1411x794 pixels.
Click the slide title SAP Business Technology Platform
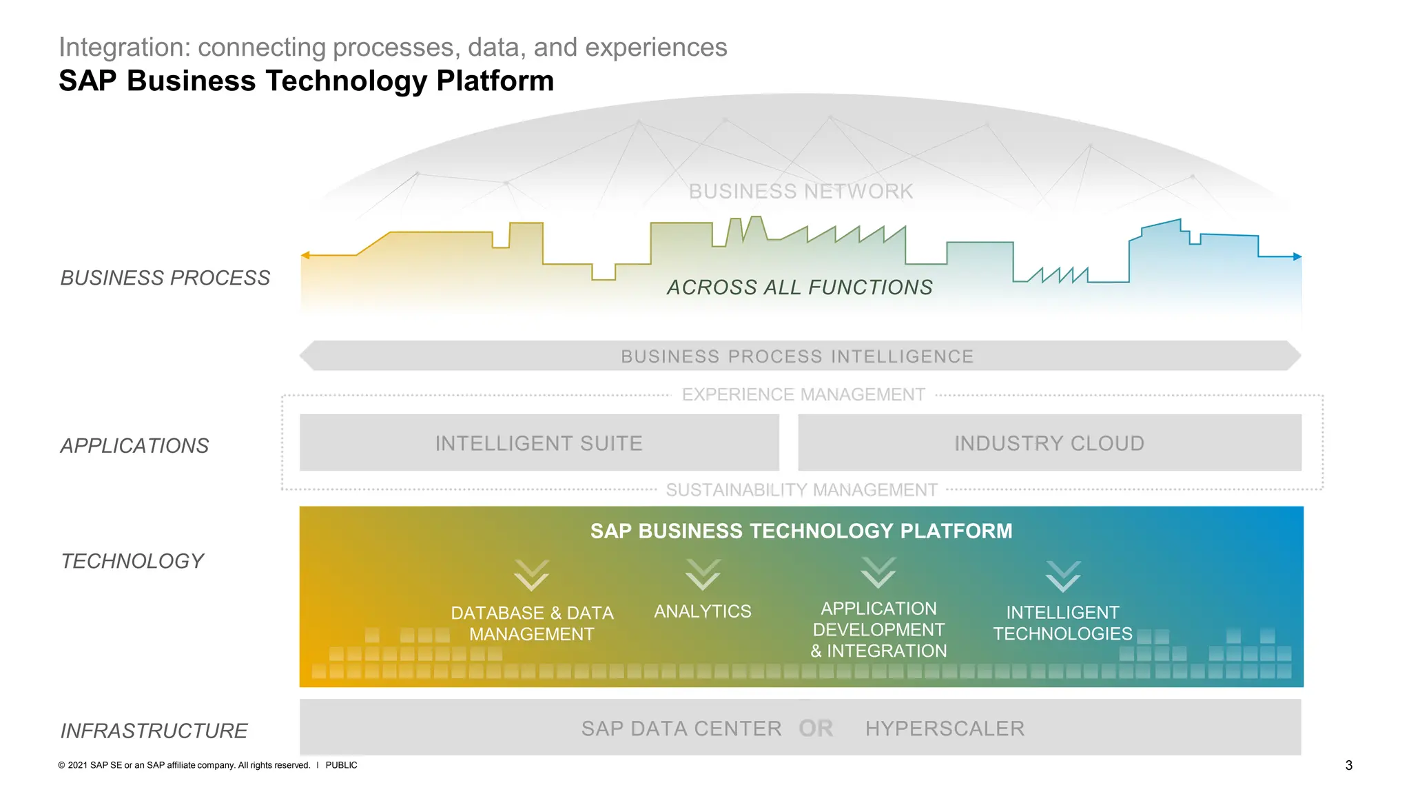[306, 81]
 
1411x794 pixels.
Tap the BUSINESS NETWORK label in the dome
[801, 191]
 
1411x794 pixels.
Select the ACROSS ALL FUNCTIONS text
[799, 287]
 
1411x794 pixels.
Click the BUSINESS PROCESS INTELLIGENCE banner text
[797, 356]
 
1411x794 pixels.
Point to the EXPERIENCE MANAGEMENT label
[803, 394]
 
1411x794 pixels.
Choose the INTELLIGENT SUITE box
[539, 442]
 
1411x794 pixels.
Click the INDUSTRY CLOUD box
[1049, 442]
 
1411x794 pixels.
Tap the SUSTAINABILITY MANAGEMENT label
[801, 489]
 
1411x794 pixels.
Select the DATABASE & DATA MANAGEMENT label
[532, 623]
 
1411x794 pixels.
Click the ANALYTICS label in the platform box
[702, 611]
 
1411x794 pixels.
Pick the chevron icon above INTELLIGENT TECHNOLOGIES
[1063, 576]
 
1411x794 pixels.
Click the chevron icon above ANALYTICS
[703, 575]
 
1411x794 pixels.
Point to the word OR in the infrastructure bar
[816, 728]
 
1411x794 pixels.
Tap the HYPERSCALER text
[945, 729]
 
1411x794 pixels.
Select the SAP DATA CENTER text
[681, 729]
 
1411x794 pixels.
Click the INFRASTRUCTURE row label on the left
[154, 731]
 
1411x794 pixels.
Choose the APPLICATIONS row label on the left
[134, 446]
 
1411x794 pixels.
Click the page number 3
[1348, 765]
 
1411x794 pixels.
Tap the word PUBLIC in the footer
[341, 765]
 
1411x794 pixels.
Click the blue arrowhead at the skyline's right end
[1297, 256]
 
